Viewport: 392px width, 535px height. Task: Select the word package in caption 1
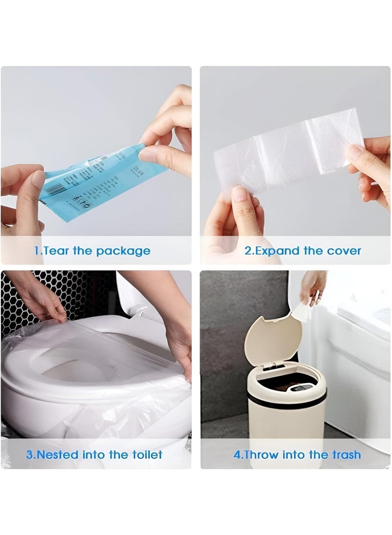click(123, 252)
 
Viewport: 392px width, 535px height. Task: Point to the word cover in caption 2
click(343, 251)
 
